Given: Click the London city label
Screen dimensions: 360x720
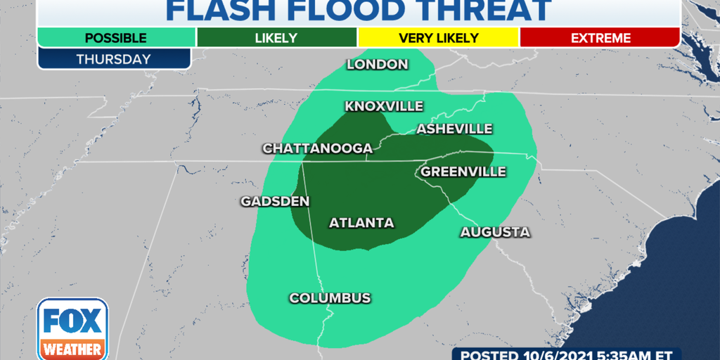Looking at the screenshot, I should click(378, 65).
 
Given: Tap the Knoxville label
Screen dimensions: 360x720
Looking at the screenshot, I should click(383, 106).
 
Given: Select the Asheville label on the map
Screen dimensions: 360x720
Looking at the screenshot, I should click(454, 129).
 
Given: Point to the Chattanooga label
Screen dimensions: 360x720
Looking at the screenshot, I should click(317, 148).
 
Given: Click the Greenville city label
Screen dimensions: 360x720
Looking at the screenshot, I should click(463, 172).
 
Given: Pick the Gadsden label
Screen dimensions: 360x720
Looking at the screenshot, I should click(275, 201).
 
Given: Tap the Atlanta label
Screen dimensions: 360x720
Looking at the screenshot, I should click(361, 223).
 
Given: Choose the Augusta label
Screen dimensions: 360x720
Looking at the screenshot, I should click(495, 232).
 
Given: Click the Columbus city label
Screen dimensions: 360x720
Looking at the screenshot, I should click(330, 298).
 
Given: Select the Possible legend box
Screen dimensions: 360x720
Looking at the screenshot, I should click(116, 37).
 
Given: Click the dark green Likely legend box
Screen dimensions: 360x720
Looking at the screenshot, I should click(277, 37).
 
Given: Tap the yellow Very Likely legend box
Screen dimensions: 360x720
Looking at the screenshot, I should click(438, 37).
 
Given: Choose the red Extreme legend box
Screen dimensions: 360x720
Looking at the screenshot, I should click(600, 37).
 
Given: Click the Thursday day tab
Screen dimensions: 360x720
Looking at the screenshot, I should click(115, 59).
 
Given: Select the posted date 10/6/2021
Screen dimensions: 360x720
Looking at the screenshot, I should click(559, 354).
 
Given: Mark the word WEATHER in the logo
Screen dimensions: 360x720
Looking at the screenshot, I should click(72, 349).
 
